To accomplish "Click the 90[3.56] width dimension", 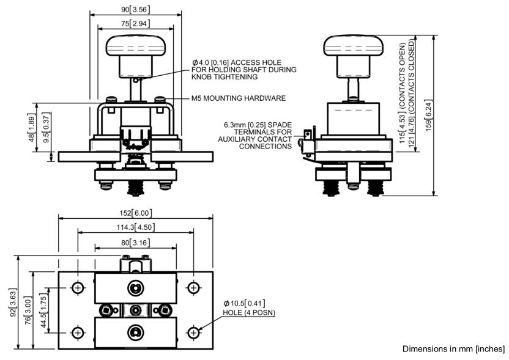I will coord(136,9).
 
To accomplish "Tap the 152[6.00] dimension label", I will coord(136,213).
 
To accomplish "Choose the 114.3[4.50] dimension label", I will coord(136,227).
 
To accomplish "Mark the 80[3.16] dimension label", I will coord(136,243).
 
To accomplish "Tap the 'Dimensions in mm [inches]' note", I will coord(453,348).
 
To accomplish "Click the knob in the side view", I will coord(353,46).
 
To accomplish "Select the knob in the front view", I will coord(136,46).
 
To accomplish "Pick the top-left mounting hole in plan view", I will coord(78,287).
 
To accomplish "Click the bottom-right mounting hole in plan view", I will coord(193,332).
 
